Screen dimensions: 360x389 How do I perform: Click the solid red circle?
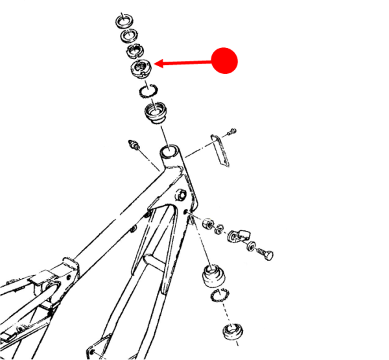coord(225,61)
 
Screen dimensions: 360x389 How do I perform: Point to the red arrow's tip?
coord(156,64)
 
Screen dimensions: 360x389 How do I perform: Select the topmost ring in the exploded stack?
coord(124,19)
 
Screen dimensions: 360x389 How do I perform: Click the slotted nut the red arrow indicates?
coord(141,66)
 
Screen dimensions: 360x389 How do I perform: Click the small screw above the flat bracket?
coord(233,132)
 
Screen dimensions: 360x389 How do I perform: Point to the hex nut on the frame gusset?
coord(182,193)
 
